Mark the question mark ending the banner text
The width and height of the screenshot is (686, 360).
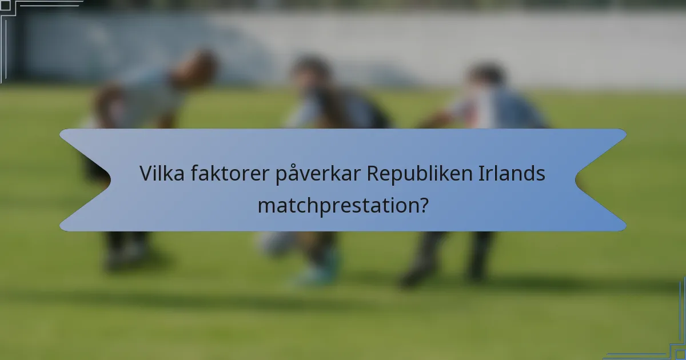[x=422, y=205]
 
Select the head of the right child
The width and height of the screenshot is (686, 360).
[x=486, y=77]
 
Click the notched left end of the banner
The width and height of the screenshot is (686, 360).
[x=86, y=180]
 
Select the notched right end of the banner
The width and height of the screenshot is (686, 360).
[x=600, y=180]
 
